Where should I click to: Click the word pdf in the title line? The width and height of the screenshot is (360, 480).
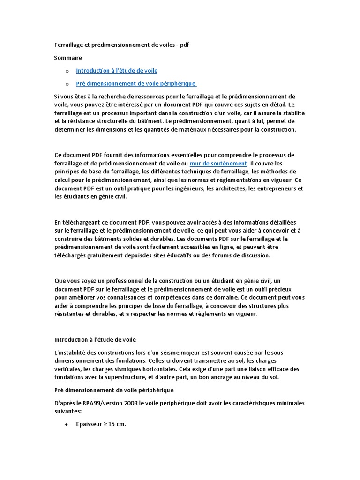184,45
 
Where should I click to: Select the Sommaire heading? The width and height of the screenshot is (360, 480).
68,58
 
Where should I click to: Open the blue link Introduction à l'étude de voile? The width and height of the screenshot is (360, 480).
117,71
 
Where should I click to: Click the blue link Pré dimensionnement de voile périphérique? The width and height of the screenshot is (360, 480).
135,83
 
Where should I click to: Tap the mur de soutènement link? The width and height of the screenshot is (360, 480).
218,164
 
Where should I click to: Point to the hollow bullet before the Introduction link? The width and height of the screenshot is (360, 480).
67,71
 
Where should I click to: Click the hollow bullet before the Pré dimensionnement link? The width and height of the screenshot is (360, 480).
67,84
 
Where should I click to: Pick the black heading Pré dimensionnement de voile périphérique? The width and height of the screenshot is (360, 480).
114,390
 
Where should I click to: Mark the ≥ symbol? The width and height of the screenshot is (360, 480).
106,424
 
